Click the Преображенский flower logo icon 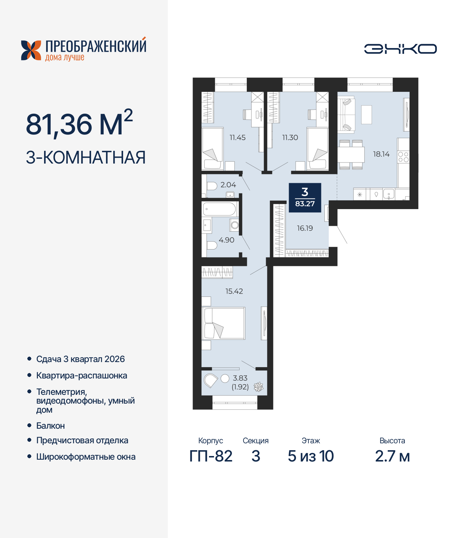(x=31, y=50)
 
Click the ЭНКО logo (x=400, y=49)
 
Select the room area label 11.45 (x=237, y=138)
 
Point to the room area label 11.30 (x=290, y=138)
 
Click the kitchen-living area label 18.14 (x=381, y=154)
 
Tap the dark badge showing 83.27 (x=305, y=197)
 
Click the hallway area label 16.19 (x=305, y=228)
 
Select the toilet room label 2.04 (x=228, y=185)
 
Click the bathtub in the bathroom (x=220, y=209)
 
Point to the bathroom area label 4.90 (x=226, y=240)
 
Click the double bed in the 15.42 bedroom (x=224, y=323)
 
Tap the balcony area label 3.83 (x=240, y=378)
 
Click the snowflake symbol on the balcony (x=258, y=387)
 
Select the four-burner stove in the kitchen (x=403, y=157)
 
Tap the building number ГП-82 (x=211, y=456)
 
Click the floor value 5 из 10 (x=311, y=456)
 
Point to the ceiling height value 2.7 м (x=392, y=456)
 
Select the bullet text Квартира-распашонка (x=82, y=376)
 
